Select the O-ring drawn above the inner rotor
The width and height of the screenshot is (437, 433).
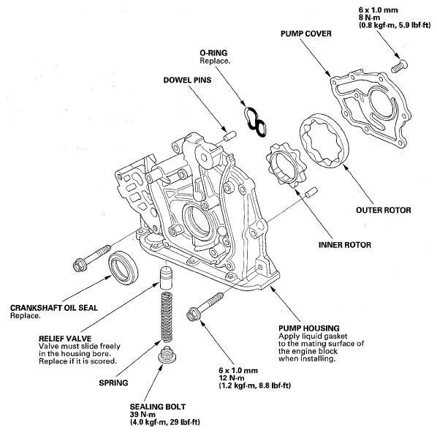(254, 121)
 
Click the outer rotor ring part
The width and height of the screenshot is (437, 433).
(320, 139)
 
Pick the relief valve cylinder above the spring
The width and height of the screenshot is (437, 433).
(166, 279)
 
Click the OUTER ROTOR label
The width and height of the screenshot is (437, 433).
(384, 211)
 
